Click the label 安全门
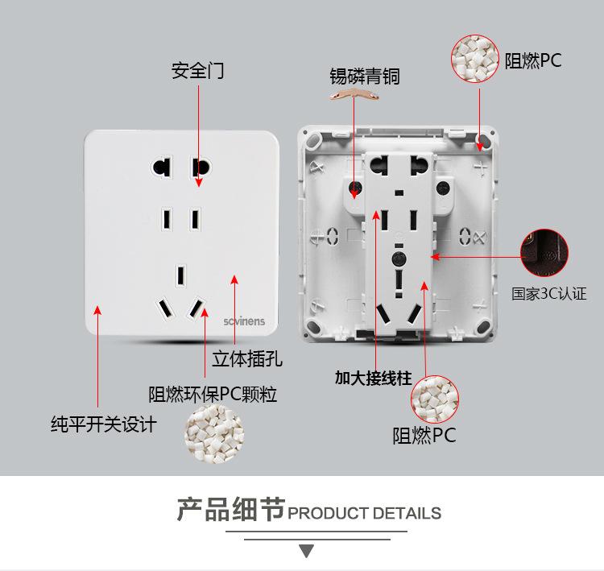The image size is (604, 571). coord(197,71)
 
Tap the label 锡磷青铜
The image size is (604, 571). coord(364,77)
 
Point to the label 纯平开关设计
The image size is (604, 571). coord(103,424)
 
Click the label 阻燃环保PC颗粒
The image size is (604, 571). coord(213,395)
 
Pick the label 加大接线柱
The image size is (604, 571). coord(373,377)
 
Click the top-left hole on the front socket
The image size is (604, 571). coord(160,168)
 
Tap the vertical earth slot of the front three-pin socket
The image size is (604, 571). coord(182,273)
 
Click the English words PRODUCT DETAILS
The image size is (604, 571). coord(365,513)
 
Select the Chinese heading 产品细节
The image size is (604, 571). coord(230,510)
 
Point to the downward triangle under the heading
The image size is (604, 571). coord(306,552)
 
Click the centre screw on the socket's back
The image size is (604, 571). coord(397,259)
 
